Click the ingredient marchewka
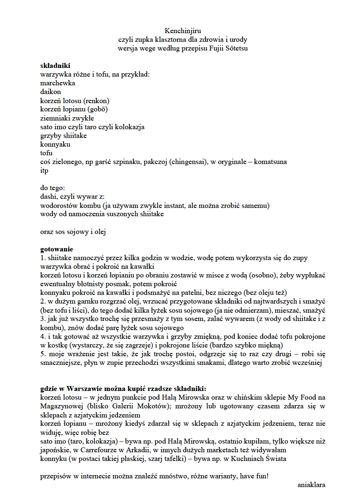coord(58,83)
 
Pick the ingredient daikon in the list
coord(50,92)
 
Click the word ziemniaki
coord(56,118)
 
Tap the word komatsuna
coord(269,162)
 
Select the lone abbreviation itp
coord(44,171)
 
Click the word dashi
coord(48,197)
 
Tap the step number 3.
coord(42,319)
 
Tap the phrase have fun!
coord(254,476)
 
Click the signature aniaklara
coord(311,485)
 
